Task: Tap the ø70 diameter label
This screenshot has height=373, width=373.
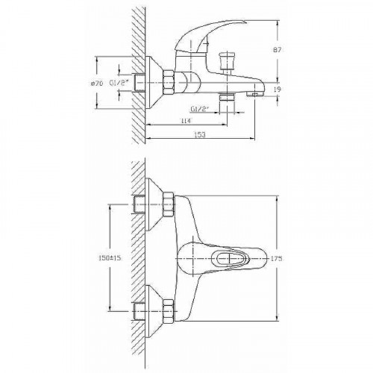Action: tap(96, 82)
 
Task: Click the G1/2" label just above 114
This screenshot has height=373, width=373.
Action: tap(200, 110)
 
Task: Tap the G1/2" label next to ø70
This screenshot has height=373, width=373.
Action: tap(119, 83)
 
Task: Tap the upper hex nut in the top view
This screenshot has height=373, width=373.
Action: tap(169, 201)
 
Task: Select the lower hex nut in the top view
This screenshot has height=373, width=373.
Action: tap(169, 307)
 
